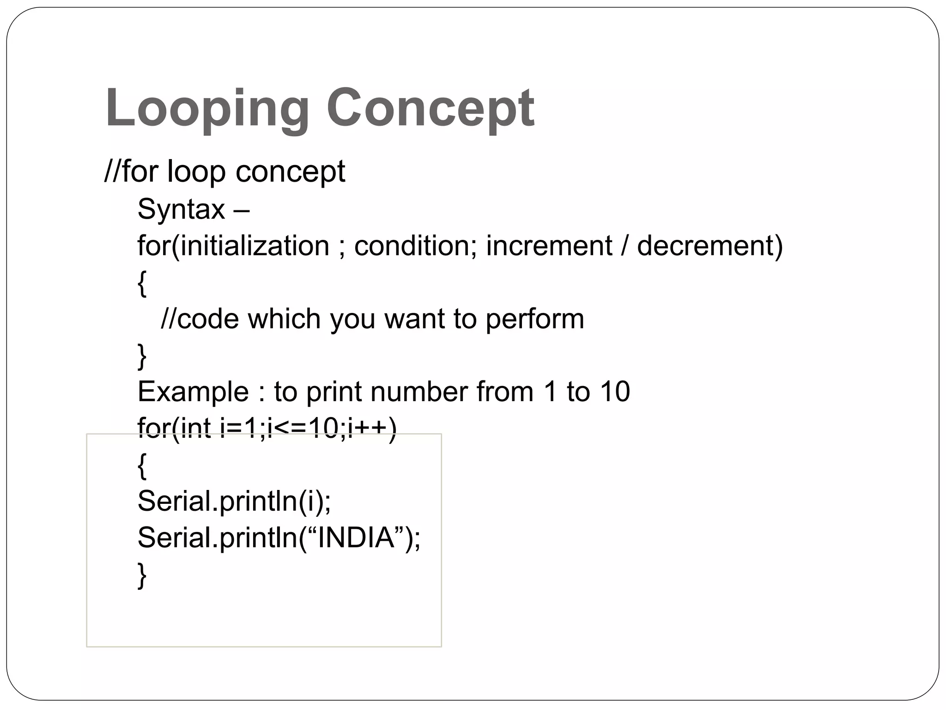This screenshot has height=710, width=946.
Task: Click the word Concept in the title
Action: point(431,109)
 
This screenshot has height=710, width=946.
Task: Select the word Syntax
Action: point(181,209)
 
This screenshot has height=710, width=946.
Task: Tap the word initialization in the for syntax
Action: point(255,245)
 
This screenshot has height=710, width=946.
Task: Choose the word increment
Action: point(549,245)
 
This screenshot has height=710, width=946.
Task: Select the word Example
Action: point(193,392)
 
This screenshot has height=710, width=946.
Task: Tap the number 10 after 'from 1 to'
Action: point(615,392)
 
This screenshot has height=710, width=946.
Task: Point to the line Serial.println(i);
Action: point(234,501)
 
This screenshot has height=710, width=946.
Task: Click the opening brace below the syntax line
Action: point(142,283)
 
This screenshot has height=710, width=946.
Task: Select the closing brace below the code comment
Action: point(142,356)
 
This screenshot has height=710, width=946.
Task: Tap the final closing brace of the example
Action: point(142,575)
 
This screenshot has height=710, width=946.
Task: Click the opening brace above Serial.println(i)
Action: point(142,466)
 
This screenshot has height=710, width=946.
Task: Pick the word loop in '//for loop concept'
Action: point(196,171)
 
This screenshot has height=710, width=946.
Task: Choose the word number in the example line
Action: point(419,392)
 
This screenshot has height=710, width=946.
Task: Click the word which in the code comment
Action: point(285,319)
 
